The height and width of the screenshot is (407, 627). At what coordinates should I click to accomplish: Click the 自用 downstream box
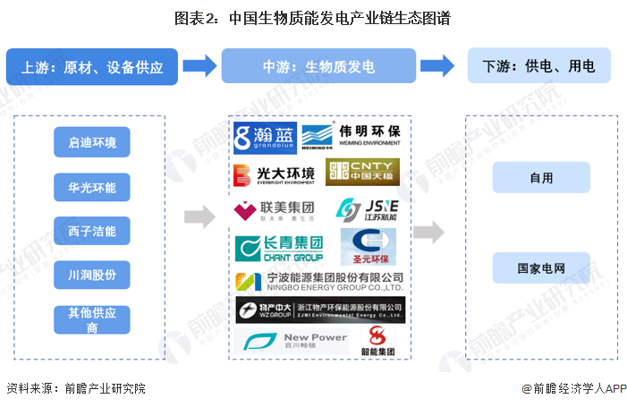541,177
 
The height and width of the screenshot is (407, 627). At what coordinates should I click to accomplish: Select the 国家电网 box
541,267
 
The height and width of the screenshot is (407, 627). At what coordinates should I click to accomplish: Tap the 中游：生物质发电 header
318,67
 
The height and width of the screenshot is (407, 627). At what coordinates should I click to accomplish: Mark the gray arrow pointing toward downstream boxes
428,233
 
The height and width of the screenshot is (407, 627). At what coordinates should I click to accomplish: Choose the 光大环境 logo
275,174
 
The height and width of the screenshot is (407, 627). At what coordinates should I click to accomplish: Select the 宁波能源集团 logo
318,282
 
